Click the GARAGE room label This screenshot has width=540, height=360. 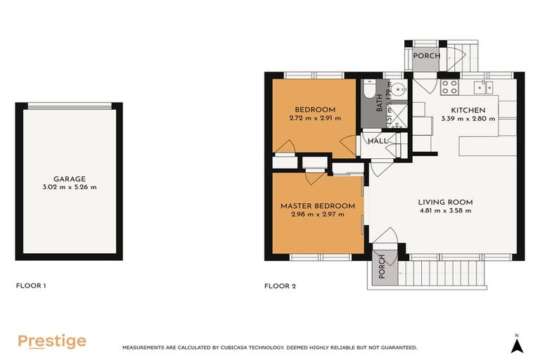pos(68,179)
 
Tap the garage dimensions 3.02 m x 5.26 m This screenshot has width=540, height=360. pos(68,187)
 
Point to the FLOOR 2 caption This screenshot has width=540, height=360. pos(280,286)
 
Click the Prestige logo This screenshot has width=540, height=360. pos(51,342)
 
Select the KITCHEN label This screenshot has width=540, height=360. pos(468,110)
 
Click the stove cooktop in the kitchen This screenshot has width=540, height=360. pos(449,87)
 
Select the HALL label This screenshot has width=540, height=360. pos(378,141)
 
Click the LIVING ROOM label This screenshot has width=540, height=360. pos(446,202)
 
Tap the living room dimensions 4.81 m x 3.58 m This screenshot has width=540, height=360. pos(446,210)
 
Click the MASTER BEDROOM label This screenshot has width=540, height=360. pos(317,205)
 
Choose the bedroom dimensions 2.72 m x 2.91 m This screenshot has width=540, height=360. pos(314,118)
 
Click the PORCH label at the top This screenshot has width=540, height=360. pos(426,56)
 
